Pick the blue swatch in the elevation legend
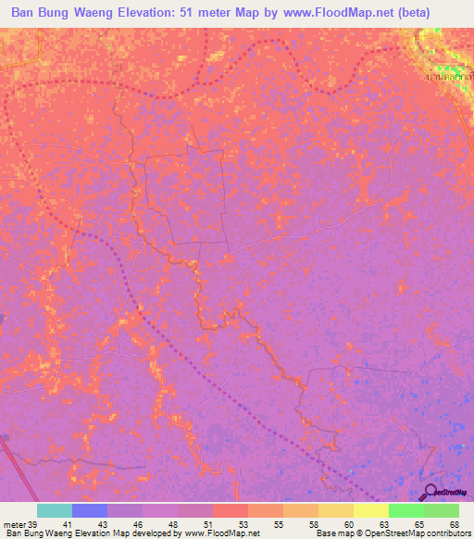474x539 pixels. [89, 510]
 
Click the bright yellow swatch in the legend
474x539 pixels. [370, 510]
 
